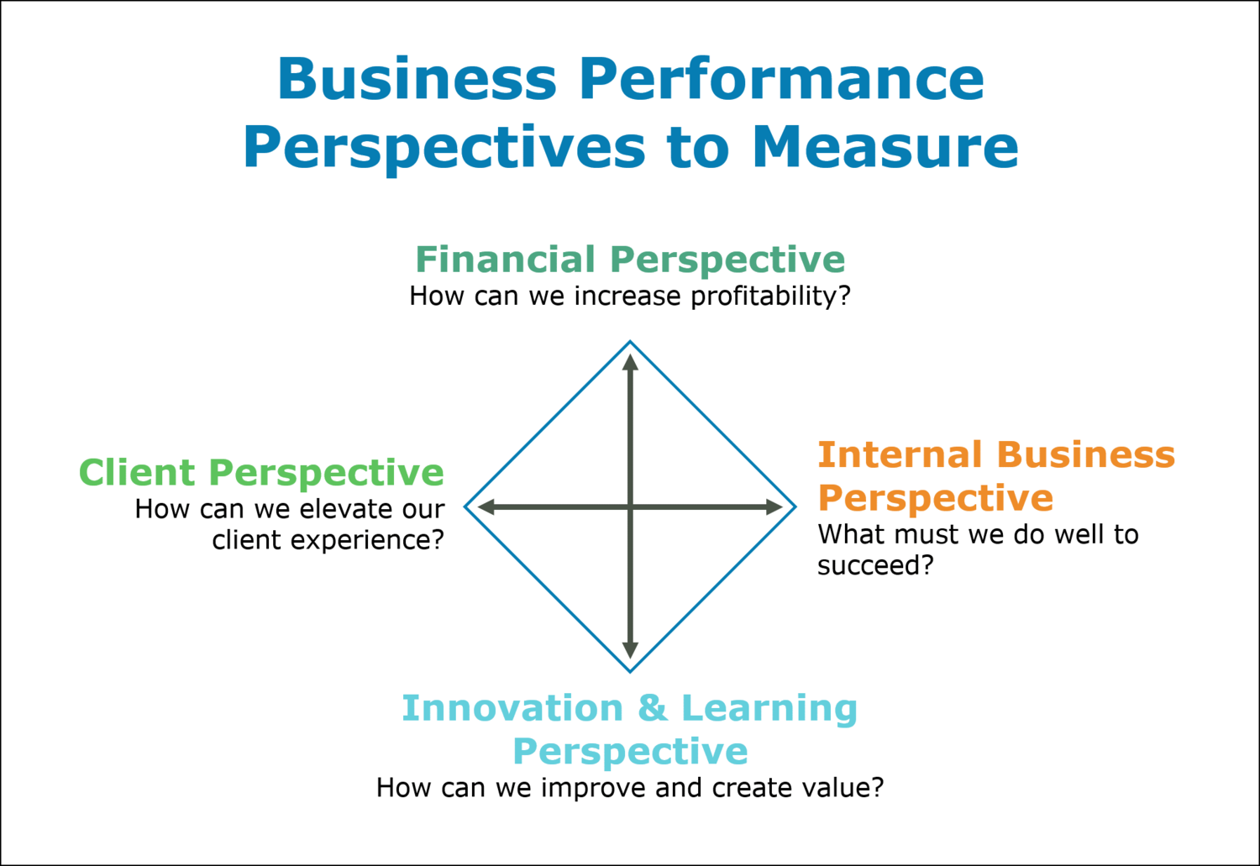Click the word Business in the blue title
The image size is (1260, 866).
tap(417, 79)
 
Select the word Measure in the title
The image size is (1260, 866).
tap(885, 147)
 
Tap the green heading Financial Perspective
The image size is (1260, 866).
tap(630, 260)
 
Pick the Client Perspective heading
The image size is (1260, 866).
tap(261, 473)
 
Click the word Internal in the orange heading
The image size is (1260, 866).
tap(900, 454)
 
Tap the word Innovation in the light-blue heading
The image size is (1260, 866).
tap(512, 708)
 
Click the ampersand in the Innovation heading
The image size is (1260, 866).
tap(652, 708)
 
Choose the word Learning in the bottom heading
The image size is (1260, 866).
tap(769, 710)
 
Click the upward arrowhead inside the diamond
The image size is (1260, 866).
tap(630, 362)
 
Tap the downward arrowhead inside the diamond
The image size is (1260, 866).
tap(630, 651)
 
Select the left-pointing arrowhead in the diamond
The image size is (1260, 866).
tap(486, 507)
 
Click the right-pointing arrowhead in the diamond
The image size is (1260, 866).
tap(774, 507)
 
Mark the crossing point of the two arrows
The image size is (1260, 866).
tap(630, 507)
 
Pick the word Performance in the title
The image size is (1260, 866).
tap(781, 79)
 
